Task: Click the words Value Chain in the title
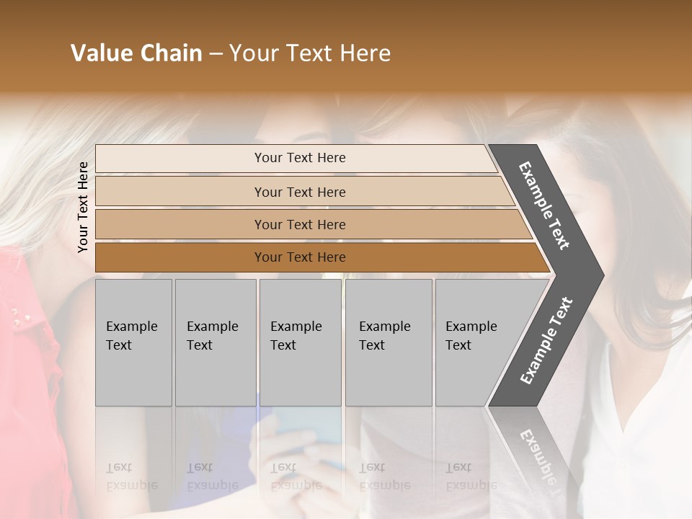[x=136, y=53]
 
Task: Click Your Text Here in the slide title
[x=310, y=53]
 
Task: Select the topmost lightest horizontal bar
[x=296, y=158]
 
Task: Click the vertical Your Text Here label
[x=83, y=207]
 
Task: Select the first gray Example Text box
[x=133, y=342]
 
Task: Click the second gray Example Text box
[x=215, y=342]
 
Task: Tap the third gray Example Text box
[x=300, y=342]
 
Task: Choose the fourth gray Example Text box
[x=388, y=342]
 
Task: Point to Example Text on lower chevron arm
[x=546, y=340]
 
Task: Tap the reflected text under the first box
[x=131, y=477]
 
